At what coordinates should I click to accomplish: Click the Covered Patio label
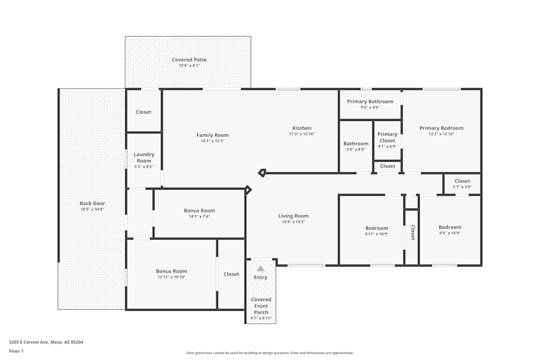pos(189,60)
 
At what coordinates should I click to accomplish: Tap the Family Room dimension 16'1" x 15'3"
pos(212,141)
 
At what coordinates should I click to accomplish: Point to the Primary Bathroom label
pos(370,101)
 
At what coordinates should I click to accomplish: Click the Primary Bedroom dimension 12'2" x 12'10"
pos(441,134)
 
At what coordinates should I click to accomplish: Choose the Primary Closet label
pos(387,137)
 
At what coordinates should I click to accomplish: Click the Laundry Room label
pos(144,158)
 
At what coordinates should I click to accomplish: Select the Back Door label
pos(92,203)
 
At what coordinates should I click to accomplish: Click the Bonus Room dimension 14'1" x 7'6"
pos(199,216)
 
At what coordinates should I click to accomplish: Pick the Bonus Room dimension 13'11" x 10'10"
pos(171,277)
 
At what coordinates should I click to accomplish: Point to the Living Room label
pos(293,216)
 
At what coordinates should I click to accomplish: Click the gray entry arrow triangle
pos(260,268)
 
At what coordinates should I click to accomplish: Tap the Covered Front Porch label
pos(261,306)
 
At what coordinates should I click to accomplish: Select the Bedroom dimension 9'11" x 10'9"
pos(376,234)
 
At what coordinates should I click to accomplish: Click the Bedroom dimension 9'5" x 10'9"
pos(450,234)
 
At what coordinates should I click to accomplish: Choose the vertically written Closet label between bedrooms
pos(412,232)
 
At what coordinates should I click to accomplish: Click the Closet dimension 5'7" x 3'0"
pos(462,187)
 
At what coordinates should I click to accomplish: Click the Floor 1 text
pos(16,351)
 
